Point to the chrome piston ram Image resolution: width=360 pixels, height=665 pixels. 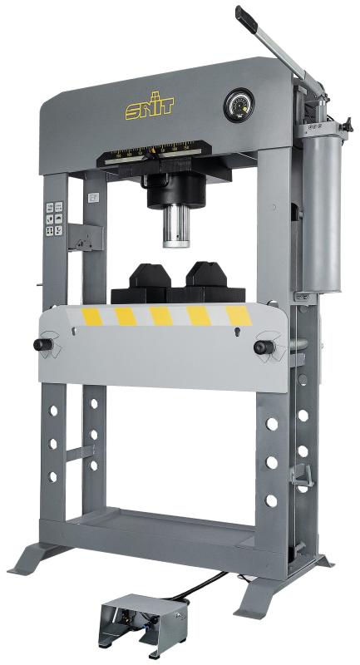tap(178, 225)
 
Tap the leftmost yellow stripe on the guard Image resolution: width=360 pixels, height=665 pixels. tap(90, 316)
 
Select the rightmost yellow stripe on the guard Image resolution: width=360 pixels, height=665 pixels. tap(239, 316)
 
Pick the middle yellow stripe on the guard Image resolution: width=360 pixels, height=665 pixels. tap(162, 316)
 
